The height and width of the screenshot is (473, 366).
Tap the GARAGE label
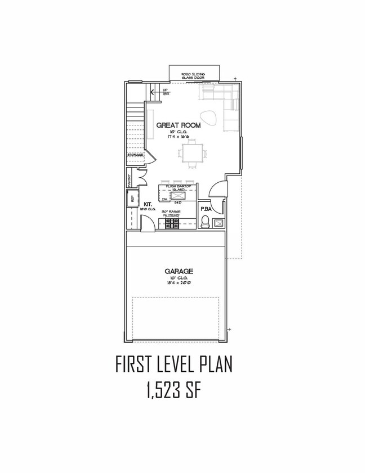180,271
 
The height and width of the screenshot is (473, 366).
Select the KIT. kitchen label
149,204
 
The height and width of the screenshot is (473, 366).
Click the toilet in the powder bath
206,221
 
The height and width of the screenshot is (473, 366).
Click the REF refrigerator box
132,199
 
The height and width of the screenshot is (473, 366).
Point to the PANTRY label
130,180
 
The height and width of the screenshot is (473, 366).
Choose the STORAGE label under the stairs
135,154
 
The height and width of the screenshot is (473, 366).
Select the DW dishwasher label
165,199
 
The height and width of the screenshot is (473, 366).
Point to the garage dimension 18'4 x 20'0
180,283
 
